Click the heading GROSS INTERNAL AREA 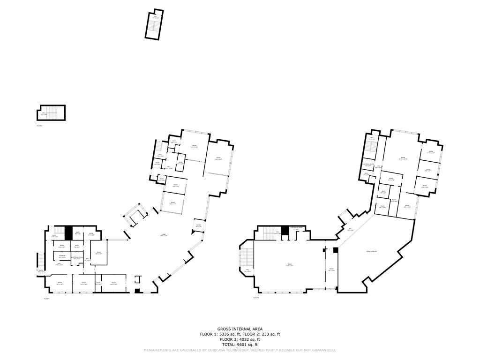[240, 329]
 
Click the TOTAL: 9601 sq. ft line [240, 345]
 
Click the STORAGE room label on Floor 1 [61, 256]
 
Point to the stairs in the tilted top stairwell [152, 26]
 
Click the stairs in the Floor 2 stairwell [53, 113]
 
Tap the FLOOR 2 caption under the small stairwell [39, 126]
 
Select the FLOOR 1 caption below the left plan [47, 299]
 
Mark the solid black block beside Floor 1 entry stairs [68, 232]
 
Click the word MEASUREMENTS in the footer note [158, 350]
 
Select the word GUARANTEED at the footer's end [324, 350]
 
